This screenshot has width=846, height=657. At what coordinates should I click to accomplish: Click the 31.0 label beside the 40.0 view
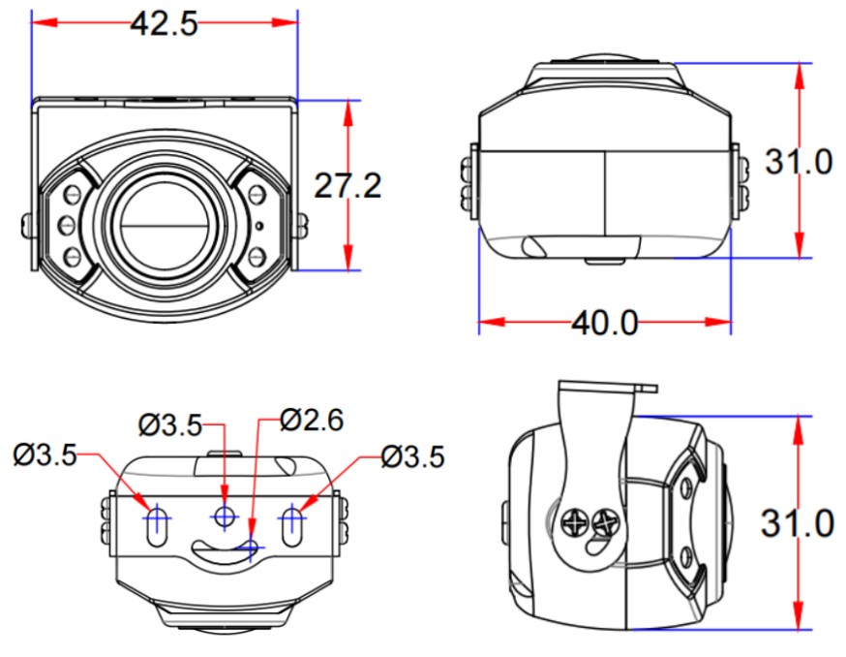798,162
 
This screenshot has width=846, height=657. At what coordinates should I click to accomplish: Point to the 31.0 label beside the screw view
798,523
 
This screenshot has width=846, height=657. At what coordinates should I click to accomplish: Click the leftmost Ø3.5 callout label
45,454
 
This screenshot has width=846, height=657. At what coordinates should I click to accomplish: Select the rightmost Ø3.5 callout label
413,454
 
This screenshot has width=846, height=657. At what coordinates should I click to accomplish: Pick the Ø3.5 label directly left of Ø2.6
169,423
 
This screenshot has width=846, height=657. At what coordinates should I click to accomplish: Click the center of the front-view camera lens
163,224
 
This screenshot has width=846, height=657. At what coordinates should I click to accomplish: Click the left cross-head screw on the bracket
574,524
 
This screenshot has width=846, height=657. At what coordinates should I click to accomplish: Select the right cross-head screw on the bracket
607,523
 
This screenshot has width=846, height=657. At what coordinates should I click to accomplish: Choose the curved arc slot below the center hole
225,549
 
